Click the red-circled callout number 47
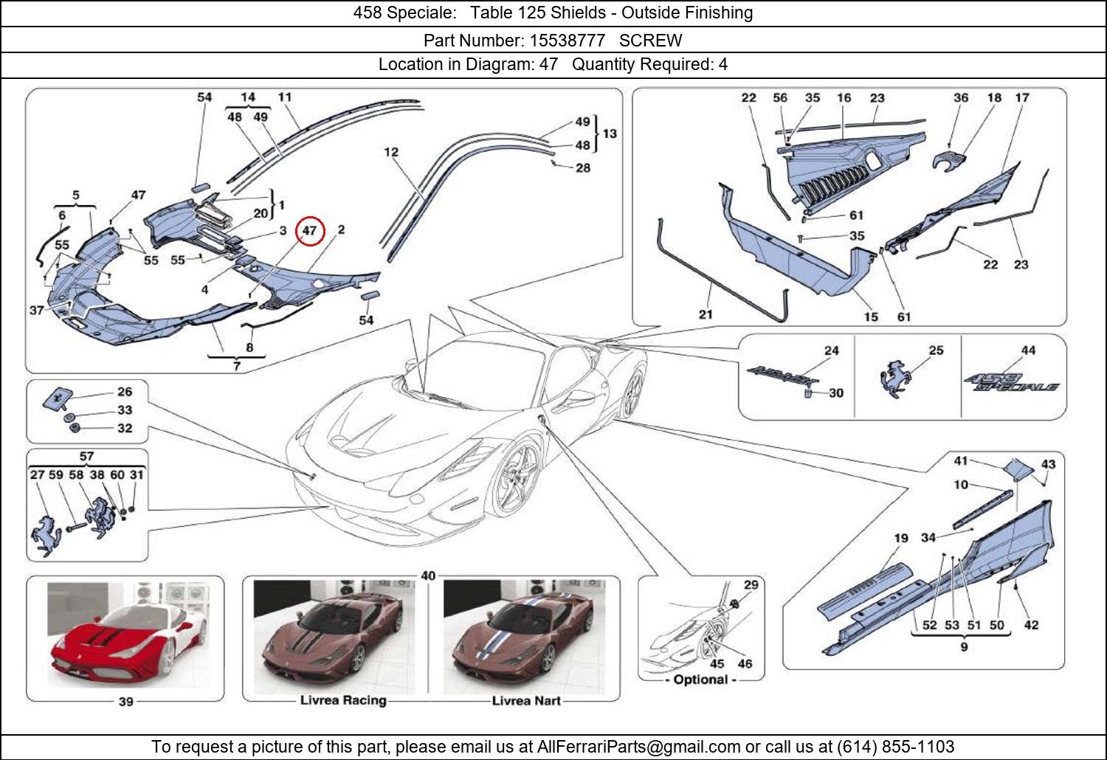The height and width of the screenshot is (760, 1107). [x=309, y=231]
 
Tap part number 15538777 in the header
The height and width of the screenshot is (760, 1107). [x=568, y=41]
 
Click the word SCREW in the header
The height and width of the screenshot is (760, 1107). [x=650, y=41]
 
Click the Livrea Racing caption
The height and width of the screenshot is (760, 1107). [x=343, y=700]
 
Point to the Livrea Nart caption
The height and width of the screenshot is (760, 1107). [x=525, y=700]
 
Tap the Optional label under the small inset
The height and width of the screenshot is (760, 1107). [x=701, y=680]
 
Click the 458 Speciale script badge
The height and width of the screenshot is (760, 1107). [x=1010, y=381]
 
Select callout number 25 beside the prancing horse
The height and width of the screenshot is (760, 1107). [x=936, y=350]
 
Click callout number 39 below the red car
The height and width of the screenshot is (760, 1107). [x=125, y=702]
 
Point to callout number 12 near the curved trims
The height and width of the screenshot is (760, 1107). [x=391, y=152]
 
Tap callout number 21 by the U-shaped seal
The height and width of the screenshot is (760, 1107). [x=706, y=314]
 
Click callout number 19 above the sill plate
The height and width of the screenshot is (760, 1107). [x=900, y=538]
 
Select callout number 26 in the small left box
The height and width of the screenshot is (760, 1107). [x=125, y=391]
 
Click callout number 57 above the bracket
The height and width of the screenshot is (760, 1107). [x=86, y=456]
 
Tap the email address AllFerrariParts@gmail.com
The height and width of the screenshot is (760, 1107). [x=638, y=747]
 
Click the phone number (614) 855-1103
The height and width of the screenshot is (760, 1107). [x=895, y=746]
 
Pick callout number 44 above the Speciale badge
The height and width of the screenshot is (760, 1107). [x=1028, y=350]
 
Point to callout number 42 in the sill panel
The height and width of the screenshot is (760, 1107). [x=1031, y=625]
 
